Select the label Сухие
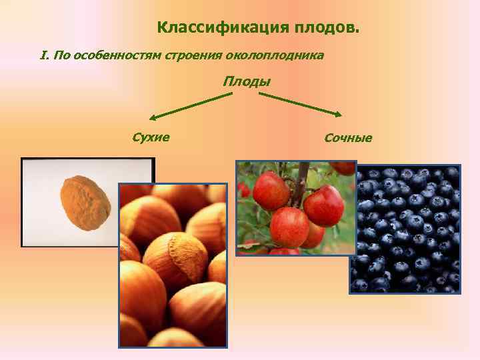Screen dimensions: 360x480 [x=151, y=137]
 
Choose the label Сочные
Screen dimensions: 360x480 [x=348, y=138]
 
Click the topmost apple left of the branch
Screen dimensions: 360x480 [x=271, y=190]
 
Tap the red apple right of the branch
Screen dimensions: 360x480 [x=324, y=205]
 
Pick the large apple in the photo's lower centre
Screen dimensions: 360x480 [x=289, y=227]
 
